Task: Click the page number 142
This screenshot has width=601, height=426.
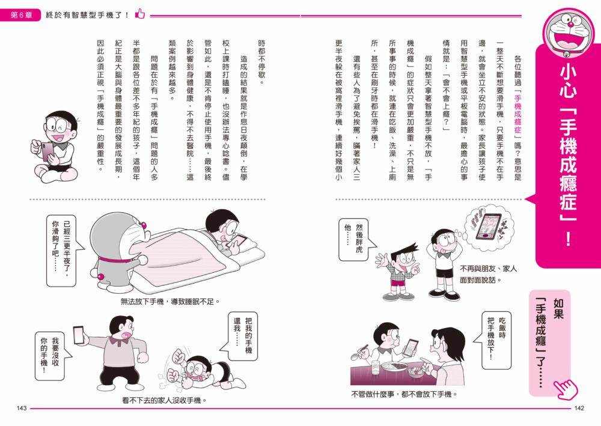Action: click(579, 409)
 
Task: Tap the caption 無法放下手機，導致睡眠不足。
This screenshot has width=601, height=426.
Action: click(170, 301)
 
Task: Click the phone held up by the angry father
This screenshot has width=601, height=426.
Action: click(78, 333)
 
